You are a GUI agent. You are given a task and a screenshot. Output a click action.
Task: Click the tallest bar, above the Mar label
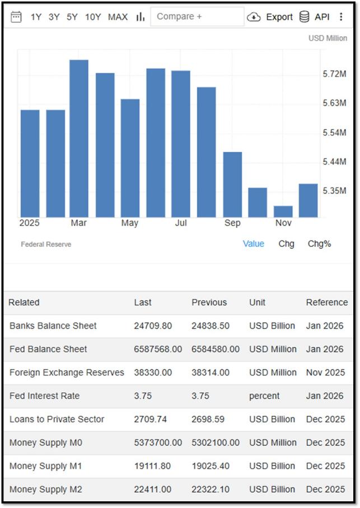coord(79,138)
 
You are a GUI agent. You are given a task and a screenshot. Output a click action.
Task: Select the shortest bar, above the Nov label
coord(283,211)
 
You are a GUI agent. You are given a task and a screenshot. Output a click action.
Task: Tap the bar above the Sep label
coord(232,184)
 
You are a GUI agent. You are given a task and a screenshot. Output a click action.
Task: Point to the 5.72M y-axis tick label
coord(334,74)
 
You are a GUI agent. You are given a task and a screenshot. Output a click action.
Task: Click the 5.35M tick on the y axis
coord(334,190)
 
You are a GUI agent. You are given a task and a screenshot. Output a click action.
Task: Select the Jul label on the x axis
coord(181,223)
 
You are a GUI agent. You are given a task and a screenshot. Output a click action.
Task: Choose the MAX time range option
coord(118,17)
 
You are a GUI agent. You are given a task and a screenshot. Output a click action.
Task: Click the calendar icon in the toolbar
coord(16,17)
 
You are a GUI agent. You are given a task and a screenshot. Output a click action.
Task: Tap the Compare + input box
coord(197,17)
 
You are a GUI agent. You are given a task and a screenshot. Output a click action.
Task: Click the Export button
coord(270,17)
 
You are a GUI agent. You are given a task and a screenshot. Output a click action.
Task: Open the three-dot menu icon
coord(341,17)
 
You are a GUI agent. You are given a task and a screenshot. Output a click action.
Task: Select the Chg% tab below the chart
coord(320,243)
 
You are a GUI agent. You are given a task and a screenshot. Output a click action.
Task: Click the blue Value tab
coord(254,243)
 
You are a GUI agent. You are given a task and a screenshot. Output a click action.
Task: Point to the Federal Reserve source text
coord(46,244)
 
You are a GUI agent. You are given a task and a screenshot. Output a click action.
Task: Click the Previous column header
coord(209,302)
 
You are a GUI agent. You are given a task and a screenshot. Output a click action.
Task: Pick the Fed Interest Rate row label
coord(44,396)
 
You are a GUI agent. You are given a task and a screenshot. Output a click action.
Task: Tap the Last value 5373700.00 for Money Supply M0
coord(158,442)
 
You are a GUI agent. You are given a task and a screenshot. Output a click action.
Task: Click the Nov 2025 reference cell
coord(325,372)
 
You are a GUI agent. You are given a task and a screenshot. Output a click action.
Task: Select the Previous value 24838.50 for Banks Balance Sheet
coord(210,326)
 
